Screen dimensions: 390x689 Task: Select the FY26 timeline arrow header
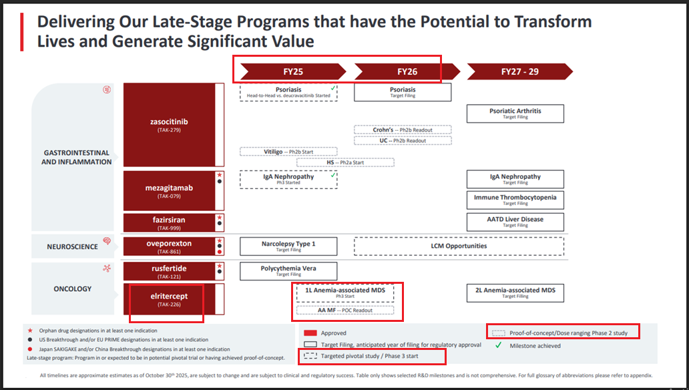pos(407,71)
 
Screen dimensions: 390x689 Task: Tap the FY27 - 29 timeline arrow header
pos(519,71)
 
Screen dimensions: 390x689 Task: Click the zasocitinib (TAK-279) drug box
pos(169,125)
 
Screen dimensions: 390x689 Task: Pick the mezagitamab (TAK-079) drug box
pos(169,191)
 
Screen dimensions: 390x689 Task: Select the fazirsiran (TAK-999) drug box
pos(169,222)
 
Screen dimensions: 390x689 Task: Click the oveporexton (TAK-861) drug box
pos(169,246)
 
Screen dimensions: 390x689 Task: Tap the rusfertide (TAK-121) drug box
pos(169,271)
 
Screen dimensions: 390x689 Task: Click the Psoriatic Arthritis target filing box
pos(515,114)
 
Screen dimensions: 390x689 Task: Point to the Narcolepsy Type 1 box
pos(288,246)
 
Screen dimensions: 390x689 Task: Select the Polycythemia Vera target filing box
pos(288,270)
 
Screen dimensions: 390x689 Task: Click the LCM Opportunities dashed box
pos(458,246)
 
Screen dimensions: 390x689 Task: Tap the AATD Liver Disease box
pos(515,222)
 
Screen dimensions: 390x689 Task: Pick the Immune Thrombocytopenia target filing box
pos(515,200)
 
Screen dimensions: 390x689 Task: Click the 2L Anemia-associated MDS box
pos(515,292)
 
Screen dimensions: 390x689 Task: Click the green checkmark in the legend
pos(497,345)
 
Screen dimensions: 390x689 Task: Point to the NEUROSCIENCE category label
pos(71,246)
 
